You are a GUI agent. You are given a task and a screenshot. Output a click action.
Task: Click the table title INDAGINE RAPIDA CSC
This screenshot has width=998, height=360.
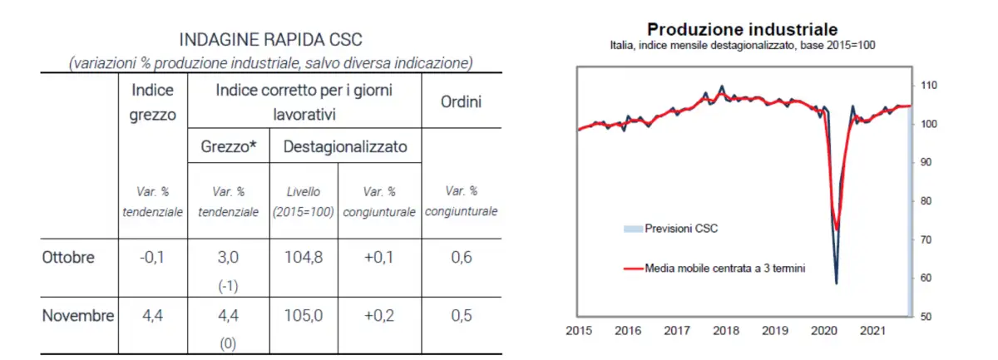[272, 40]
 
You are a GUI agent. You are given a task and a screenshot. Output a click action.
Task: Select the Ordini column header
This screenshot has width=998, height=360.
[462, 102]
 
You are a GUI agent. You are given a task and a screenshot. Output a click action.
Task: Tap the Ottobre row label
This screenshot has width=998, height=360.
[68, 257]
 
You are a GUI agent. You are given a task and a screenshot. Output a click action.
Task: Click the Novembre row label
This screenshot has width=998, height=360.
[77, 316]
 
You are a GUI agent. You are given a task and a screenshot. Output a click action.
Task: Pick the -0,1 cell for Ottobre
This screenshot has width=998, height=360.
[152, 257]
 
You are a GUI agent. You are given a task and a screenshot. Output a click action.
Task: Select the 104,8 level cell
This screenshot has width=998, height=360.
[304, 257]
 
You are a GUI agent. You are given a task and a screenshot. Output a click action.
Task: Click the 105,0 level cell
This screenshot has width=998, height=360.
[304, 316]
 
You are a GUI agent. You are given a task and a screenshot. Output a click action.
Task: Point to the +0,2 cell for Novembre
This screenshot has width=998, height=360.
[378, 316]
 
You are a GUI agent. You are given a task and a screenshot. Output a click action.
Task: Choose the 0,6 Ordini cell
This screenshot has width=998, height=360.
[462, 257]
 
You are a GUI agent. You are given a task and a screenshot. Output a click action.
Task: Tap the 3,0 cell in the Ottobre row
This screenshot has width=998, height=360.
[228, 257]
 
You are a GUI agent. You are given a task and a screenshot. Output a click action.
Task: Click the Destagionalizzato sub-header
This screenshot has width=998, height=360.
[345, 147]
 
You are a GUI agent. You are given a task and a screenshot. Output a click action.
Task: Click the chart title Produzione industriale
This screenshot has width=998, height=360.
[743, 30]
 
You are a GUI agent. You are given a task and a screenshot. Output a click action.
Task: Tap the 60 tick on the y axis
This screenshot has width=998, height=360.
[926, 278]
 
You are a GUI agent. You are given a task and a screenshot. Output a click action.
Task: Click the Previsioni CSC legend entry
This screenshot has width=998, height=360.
[680, 227]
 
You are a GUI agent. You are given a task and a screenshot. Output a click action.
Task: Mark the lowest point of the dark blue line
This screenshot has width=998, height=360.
[836, 284]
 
